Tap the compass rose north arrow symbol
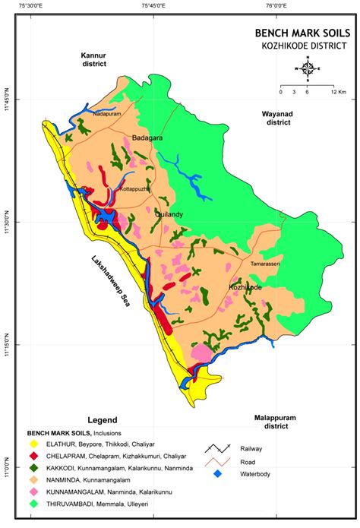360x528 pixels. pyautogui.click(x=308, y=70)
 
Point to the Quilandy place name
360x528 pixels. pyautogui.click(x=169, y=215)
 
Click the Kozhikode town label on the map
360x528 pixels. pyautogui.click(x=245, y=288)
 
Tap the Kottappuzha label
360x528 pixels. pyautogui.click(x=135, y=188)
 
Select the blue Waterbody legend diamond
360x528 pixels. pyautogui.click(x=219, y=474)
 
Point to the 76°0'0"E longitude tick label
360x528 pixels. pyautogui.click(x=276, y=7)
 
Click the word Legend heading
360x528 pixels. pyautogui.click(x=103, y=420)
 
